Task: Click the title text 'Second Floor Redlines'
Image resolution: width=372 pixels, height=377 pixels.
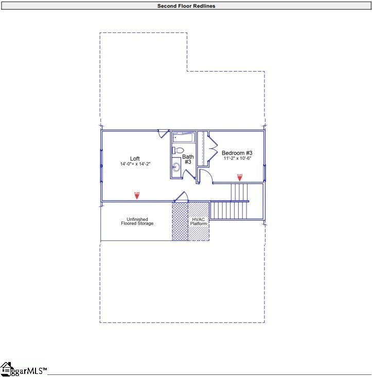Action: (186, 6)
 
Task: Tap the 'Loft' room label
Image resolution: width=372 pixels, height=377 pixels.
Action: (135, 159)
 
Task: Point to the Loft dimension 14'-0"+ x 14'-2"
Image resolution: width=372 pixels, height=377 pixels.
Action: (135, 164)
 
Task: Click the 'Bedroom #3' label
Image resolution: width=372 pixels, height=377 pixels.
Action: (237, 153)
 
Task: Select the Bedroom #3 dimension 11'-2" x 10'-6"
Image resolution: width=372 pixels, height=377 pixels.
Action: (237, 159)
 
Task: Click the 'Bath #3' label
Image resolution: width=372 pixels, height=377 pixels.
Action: (188, 159)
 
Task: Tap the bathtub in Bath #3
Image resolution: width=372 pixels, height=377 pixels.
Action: (182, 138)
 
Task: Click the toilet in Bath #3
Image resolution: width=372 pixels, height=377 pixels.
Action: (178, 150)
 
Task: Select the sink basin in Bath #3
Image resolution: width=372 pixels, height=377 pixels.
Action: (175, 167)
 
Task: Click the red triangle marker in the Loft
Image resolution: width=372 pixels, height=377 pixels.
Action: (136, 195)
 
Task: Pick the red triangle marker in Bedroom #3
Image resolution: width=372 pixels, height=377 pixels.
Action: (239, 177)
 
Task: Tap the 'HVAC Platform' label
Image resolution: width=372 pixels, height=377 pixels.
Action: (199, 221)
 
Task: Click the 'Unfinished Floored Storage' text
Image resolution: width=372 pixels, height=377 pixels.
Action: (137, 221)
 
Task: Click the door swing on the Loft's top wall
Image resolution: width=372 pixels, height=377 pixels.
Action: (163, 133)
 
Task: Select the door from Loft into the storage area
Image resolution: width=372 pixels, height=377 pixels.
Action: (181, 197)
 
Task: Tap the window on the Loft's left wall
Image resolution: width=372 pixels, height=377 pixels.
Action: (101, 165)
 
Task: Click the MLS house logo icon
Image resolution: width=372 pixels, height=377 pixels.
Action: (6, 369)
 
